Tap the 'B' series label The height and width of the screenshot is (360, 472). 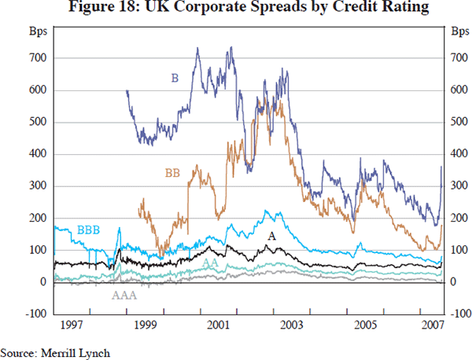coord(175,77)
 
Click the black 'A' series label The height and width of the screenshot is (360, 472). coord(272,236)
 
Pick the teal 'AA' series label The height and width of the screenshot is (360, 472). coord(211,263)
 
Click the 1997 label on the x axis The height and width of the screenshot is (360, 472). coord(72,325)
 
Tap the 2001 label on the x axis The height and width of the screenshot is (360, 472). coord(217,325)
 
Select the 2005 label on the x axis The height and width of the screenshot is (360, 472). coord(363,325)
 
